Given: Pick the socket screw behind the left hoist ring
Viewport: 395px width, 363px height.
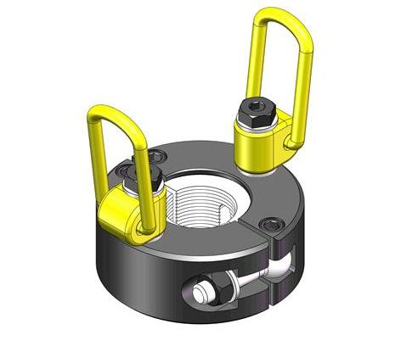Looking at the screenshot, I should pos(158,158).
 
